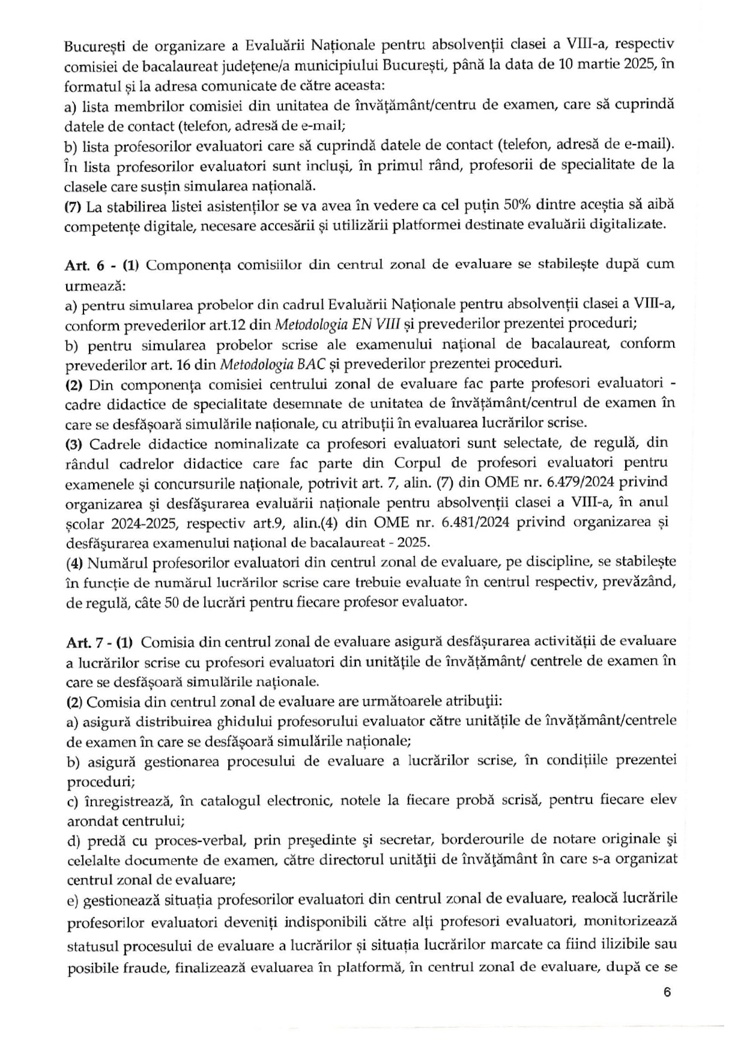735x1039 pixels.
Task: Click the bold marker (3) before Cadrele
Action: (74, 443)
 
